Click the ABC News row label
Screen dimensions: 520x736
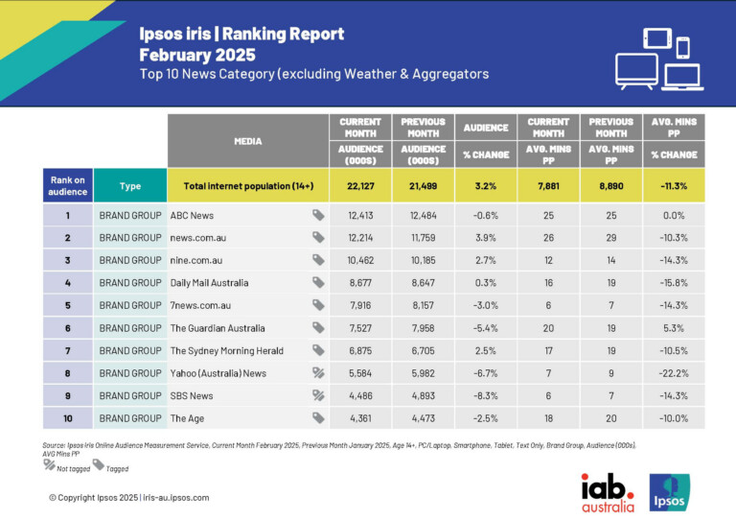click(192, 215)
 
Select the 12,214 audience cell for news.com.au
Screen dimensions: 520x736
click(360, 238)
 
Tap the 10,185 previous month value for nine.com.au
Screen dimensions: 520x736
click(423, 260)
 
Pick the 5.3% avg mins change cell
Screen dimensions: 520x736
click(676, 328)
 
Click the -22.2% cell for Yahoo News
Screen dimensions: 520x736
click(676, 373)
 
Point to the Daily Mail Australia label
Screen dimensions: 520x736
click(209, 283)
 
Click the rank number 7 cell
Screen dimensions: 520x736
click(67, 350)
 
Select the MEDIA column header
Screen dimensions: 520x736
click(247, 141)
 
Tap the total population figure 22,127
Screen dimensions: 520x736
click(360, 185)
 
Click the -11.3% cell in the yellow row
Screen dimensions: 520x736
click(676, 185)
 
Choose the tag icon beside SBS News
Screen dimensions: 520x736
click(317, 395)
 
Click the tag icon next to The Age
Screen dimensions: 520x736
click(317, 418)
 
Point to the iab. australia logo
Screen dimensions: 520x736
click(608, 491)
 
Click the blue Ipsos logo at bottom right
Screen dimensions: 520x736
click(669, 491)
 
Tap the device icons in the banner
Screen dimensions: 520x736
click(660, 59)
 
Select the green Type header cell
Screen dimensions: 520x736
click(130, 185)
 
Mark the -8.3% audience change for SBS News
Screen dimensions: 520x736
click(486, 395)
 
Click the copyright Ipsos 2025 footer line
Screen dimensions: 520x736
click(128, 497)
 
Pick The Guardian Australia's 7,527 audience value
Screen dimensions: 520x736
click(360, 328)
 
